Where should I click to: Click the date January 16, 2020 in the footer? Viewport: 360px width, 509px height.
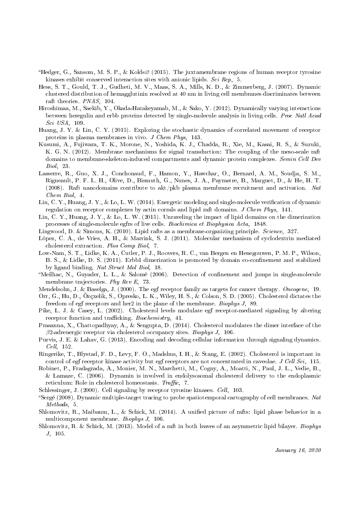click(x=298, y=450)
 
